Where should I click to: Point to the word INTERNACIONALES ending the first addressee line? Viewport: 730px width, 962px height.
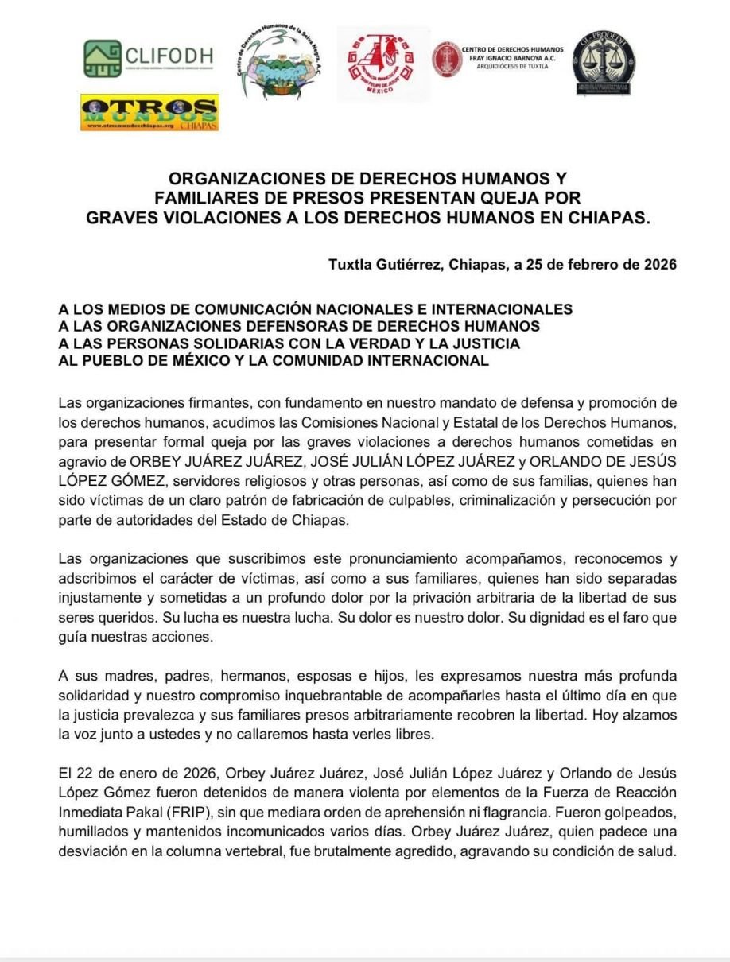[505, 308]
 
